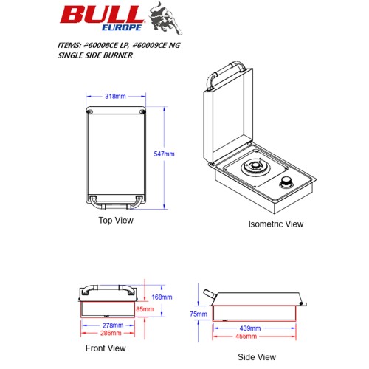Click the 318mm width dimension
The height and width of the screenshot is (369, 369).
(115, 97)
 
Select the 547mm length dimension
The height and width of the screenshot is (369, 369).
(164, 154)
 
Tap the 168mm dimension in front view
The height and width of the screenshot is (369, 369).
(162, 297)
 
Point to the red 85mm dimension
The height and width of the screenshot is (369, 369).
(145, 309)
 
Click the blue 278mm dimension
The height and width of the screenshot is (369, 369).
(113, 325)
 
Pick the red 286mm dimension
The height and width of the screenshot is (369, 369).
(111, 333)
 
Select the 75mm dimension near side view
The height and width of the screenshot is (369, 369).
(199, 314)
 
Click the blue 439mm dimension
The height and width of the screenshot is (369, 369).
(250, 328)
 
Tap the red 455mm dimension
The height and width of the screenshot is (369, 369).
(246, 336)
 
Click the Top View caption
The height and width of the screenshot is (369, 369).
(116, 220)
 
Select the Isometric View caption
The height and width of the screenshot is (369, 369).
(276, 224)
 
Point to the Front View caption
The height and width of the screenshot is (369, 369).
(106, 348)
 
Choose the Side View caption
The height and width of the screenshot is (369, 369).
(257, 357)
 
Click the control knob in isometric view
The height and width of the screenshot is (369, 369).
(286, 182)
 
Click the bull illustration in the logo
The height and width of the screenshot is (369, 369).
(165, 18)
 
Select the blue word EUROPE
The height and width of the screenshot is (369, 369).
(122, 27)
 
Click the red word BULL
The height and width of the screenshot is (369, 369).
(102, 15)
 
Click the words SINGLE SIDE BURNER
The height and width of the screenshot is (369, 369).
(95, 55)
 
